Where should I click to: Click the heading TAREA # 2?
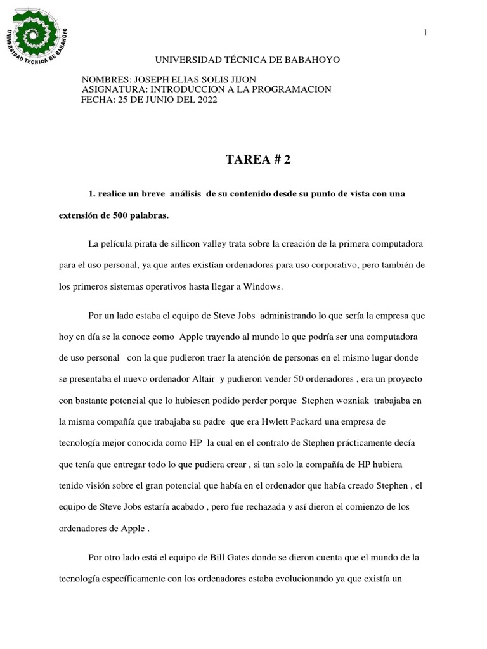(258, 160)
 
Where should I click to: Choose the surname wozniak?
(349, 401)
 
